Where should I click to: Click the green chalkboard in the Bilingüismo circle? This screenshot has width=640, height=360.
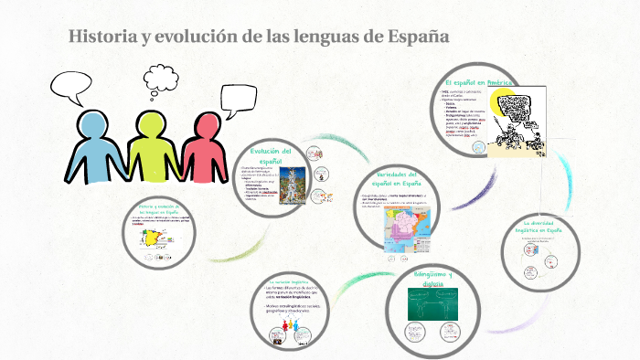coord(443,304)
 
